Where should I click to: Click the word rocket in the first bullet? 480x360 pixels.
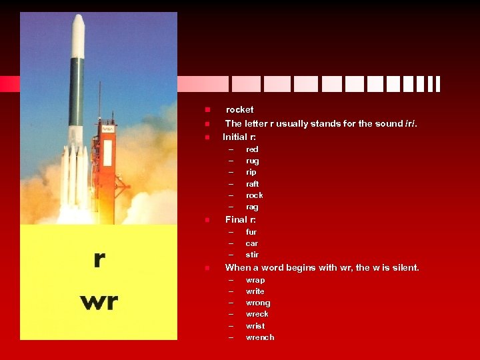click(x=239, y=109)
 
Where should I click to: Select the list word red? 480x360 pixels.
click(x=252, y=149)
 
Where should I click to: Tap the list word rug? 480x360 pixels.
click(x=252, y=161)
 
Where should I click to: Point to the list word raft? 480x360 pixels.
click(x=252, y=184)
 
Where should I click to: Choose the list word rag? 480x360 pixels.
click(x=252, y=207)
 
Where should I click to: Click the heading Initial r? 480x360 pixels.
click(x=239, y=137)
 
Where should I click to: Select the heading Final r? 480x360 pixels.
click(x=241, y=219)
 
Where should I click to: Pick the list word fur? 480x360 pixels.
click(x=251, y=232)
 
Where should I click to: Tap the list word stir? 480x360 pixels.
click(x=252, y=255)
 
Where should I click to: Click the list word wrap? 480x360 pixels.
click(x=255, y=280)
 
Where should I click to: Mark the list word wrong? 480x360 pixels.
click(x=258, y=303)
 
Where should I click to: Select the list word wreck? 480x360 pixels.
click(x=257, y=314)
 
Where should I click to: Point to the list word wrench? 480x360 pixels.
click(x=259, y=337)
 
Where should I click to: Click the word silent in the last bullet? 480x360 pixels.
click(x=404, y=267)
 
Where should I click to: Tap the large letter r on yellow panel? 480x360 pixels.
click(x=99, y=259)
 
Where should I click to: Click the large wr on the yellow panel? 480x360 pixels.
click(x=99, y=301)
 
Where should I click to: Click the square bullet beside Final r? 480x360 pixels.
click(x=207, y=220)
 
